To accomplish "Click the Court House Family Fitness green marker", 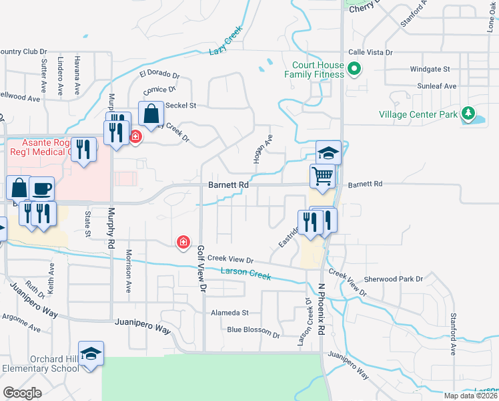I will pyautogui.click(x=355, y=68).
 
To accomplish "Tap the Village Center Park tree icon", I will pyautogui.click(x=468, y=114).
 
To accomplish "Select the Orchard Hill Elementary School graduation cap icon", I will pyautogui.click(x=91, y=354).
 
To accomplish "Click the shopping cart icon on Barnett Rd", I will pyautogui.click(x=322, y=176).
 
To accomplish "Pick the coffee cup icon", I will pyautogui.click(x=41, y=189).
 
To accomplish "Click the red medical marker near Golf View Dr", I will pyautogui.click(x=182, y=242).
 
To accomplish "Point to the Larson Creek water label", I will pyautogui.click(x=245, y=273).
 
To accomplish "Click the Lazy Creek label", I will pyautogui.click(x=224, y=45).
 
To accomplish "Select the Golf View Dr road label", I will pyautogui.click(x=200, y=269).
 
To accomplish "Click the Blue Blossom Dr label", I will pyautogui.click(x=253, y=330).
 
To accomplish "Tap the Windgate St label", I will pyautogui.click(x=430, y=69).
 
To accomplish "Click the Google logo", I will pyautogui.click(x=23, y=392).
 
